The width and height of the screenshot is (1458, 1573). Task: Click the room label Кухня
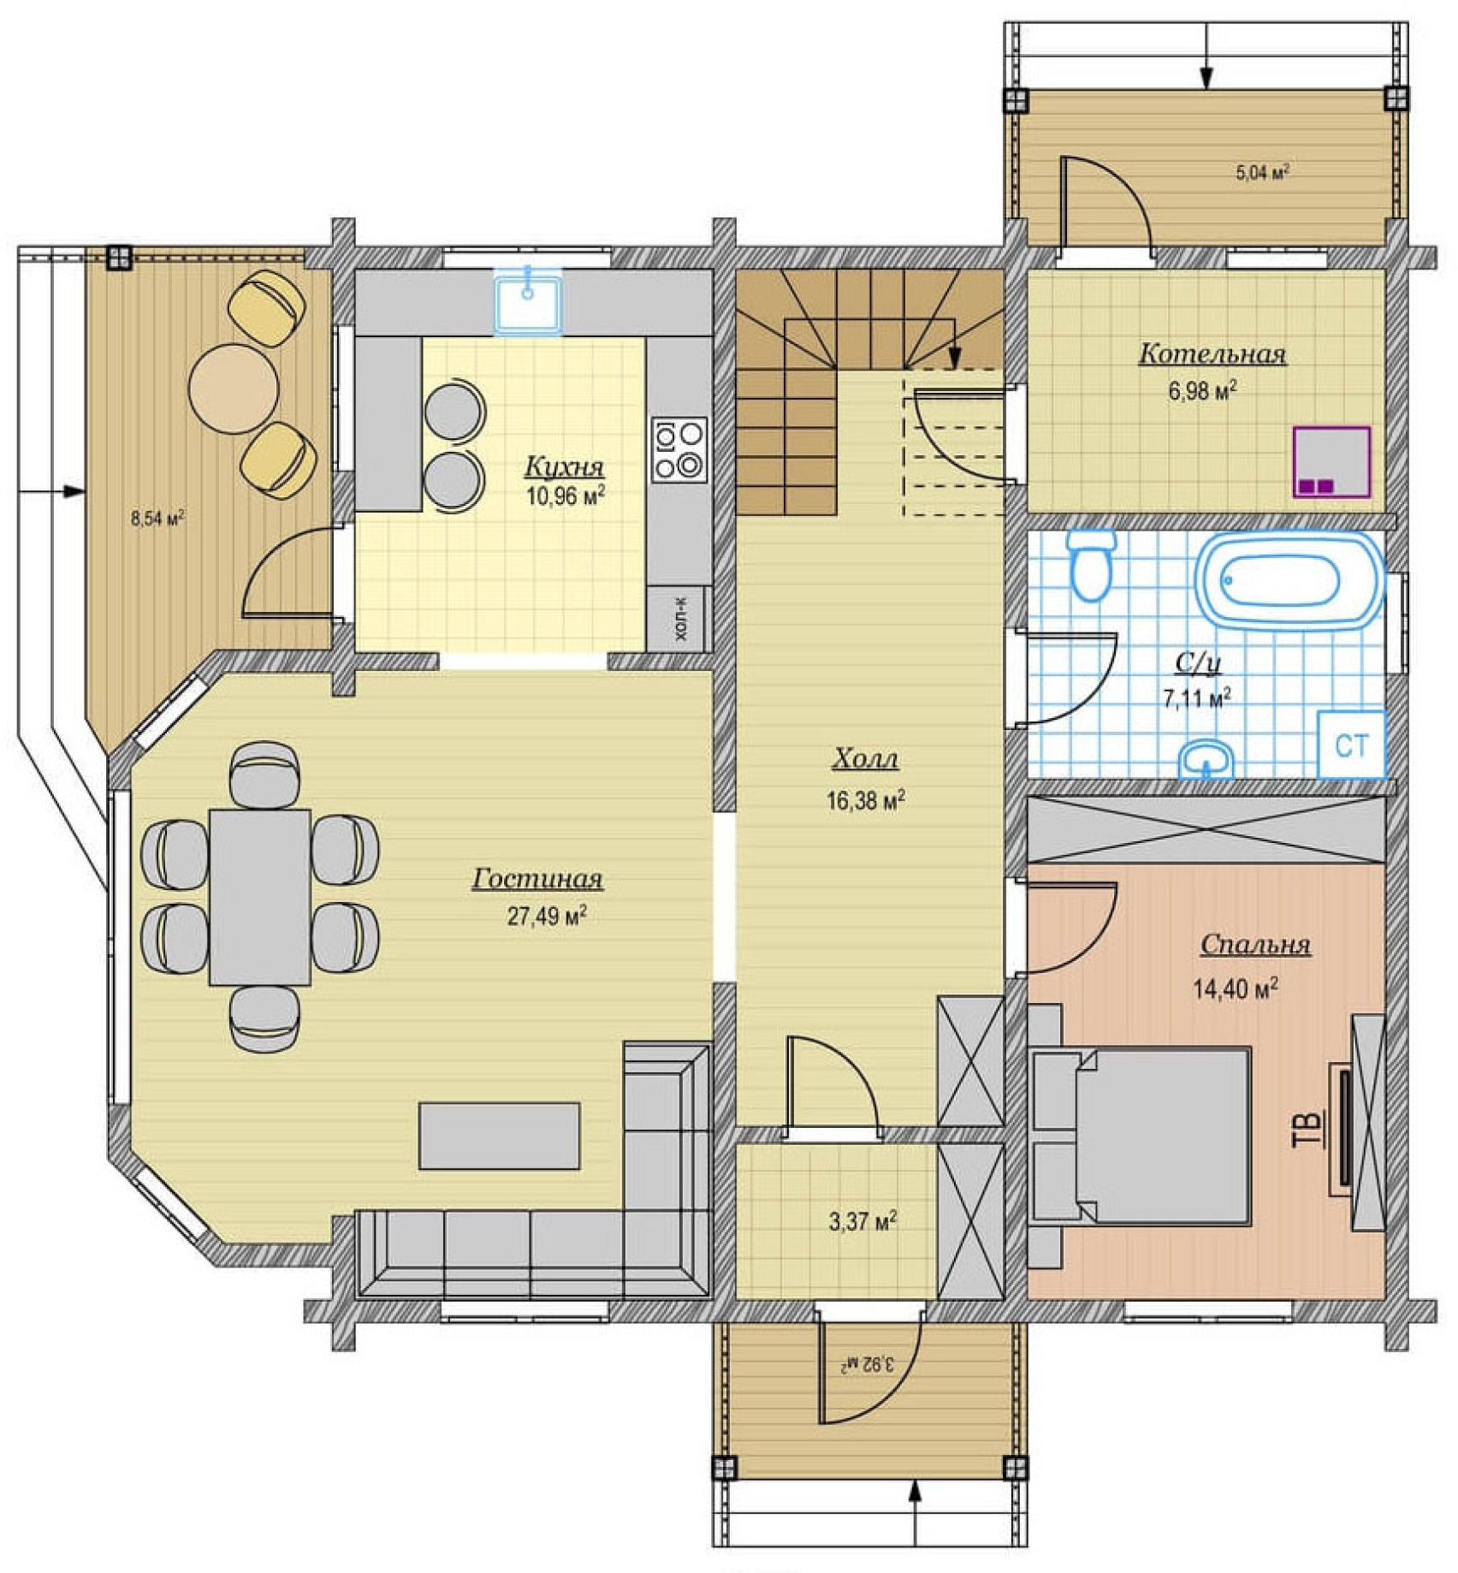[x=564, y=466]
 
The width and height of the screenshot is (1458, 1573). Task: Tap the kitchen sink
[x=528, y=301]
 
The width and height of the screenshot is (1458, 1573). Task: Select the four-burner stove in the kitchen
[x=679, y=449]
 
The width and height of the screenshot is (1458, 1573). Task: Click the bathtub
[x=1289, y=581]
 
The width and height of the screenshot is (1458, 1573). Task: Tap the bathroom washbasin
[x=1206, y=759]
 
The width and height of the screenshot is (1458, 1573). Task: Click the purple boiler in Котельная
[x=1331, y=462]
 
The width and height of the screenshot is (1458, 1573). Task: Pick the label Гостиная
[x=538, y=879]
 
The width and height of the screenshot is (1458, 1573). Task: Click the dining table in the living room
[x=260, y=898]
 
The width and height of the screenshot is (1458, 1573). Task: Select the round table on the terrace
[x=234, y=389]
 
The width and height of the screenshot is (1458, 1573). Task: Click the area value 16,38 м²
[x=865, y=800]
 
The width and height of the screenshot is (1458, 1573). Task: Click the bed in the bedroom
[x=1141, y=1135]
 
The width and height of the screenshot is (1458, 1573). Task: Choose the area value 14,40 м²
[x=1236, y=988]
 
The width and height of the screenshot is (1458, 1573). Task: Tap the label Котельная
[x=1212, y=354]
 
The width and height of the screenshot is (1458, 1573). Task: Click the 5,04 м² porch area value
[x=1262, y=173]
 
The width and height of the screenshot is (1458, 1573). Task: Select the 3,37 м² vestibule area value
[x=862, y=1221]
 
